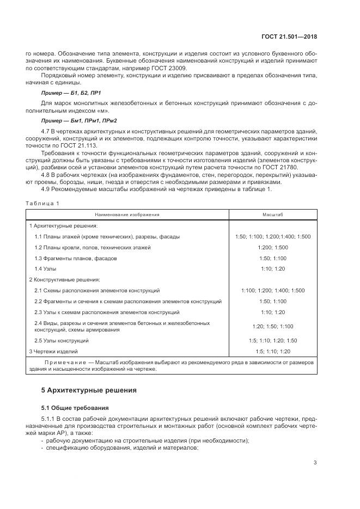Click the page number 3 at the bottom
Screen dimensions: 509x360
click(x=315, y=463)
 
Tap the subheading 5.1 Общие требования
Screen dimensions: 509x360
click(x=75, y=407)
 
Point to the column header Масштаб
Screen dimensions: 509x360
click(x=273, y=214)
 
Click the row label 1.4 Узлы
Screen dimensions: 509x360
click(x=45, y=269)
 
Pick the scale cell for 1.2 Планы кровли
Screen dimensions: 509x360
click(x=273, y=247)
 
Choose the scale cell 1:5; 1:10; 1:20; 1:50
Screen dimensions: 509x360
click(x=273, y=340)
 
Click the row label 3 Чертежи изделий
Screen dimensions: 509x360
click(x=54, y=351)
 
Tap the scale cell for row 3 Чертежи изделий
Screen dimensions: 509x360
click(x=273, y=351)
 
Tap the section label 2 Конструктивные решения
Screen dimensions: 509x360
click(x=64, y=279)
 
